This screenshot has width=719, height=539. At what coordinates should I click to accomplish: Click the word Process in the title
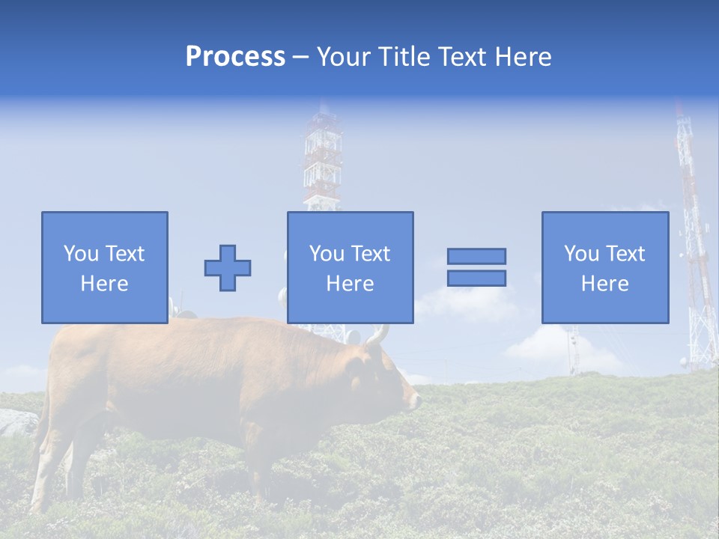[235, 57]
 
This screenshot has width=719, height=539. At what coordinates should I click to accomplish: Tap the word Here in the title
[524, 57]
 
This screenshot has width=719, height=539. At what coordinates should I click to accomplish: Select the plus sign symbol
[228, 268]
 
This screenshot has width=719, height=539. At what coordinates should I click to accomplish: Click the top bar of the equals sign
[476, 256]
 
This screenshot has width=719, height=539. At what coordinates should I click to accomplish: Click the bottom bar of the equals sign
[476, 278]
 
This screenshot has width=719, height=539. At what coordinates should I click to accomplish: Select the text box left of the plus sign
[104, 267]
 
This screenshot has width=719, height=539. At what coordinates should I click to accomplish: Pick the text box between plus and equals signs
[350, 267]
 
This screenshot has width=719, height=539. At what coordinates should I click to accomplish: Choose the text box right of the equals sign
[604, 267]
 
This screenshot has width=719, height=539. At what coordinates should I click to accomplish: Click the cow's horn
[379, 335]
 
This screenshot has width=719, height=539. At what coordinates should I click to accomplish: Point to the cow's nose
[414, 401]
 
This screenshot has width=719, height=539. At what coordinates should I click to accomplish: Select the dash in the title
[300, 58]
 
